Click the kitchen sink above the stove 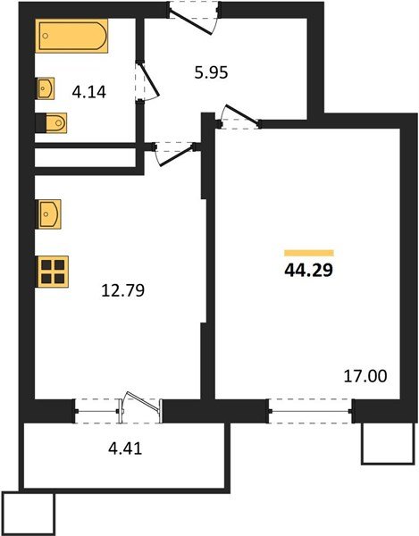48,215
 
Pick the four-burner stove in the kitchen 53,270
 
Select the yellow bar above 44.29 308,252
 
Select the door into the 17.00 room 239,117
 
